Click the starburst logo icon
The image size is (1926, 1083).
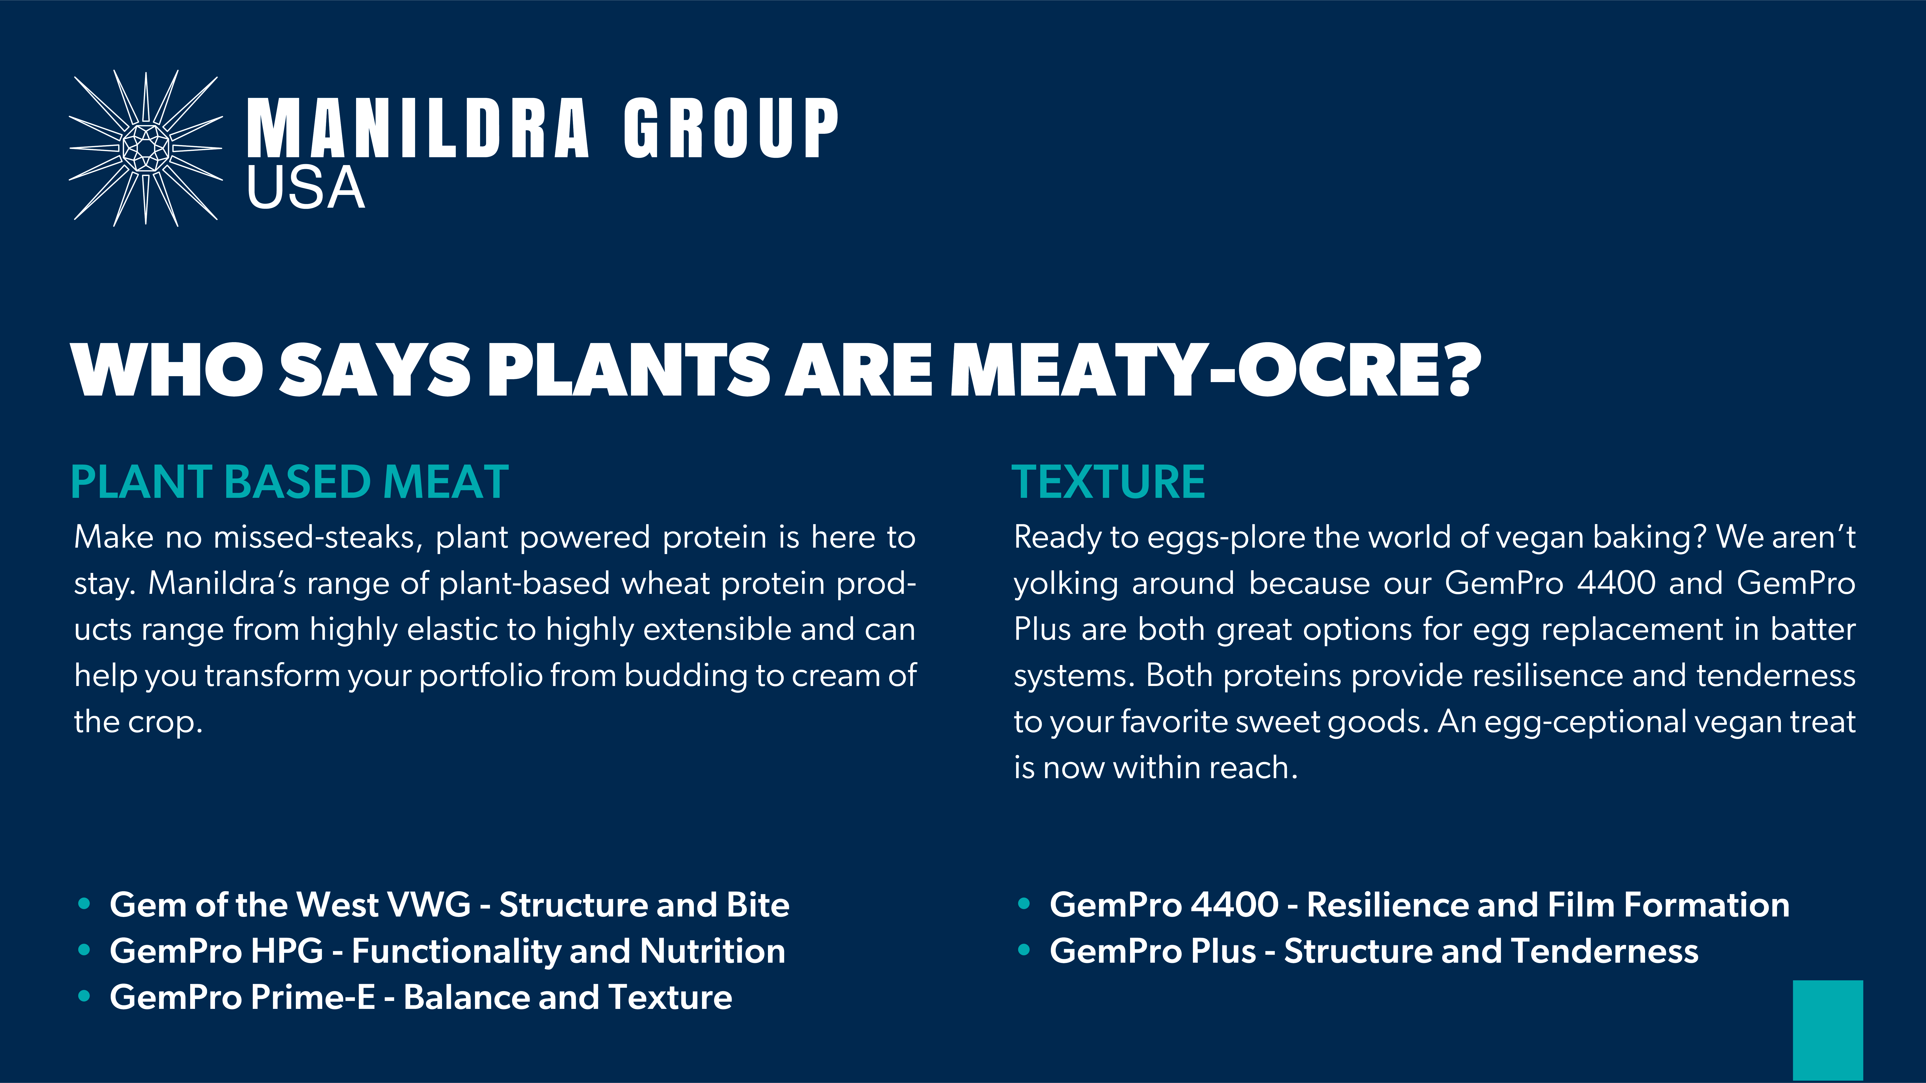[x=146, y=148]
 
